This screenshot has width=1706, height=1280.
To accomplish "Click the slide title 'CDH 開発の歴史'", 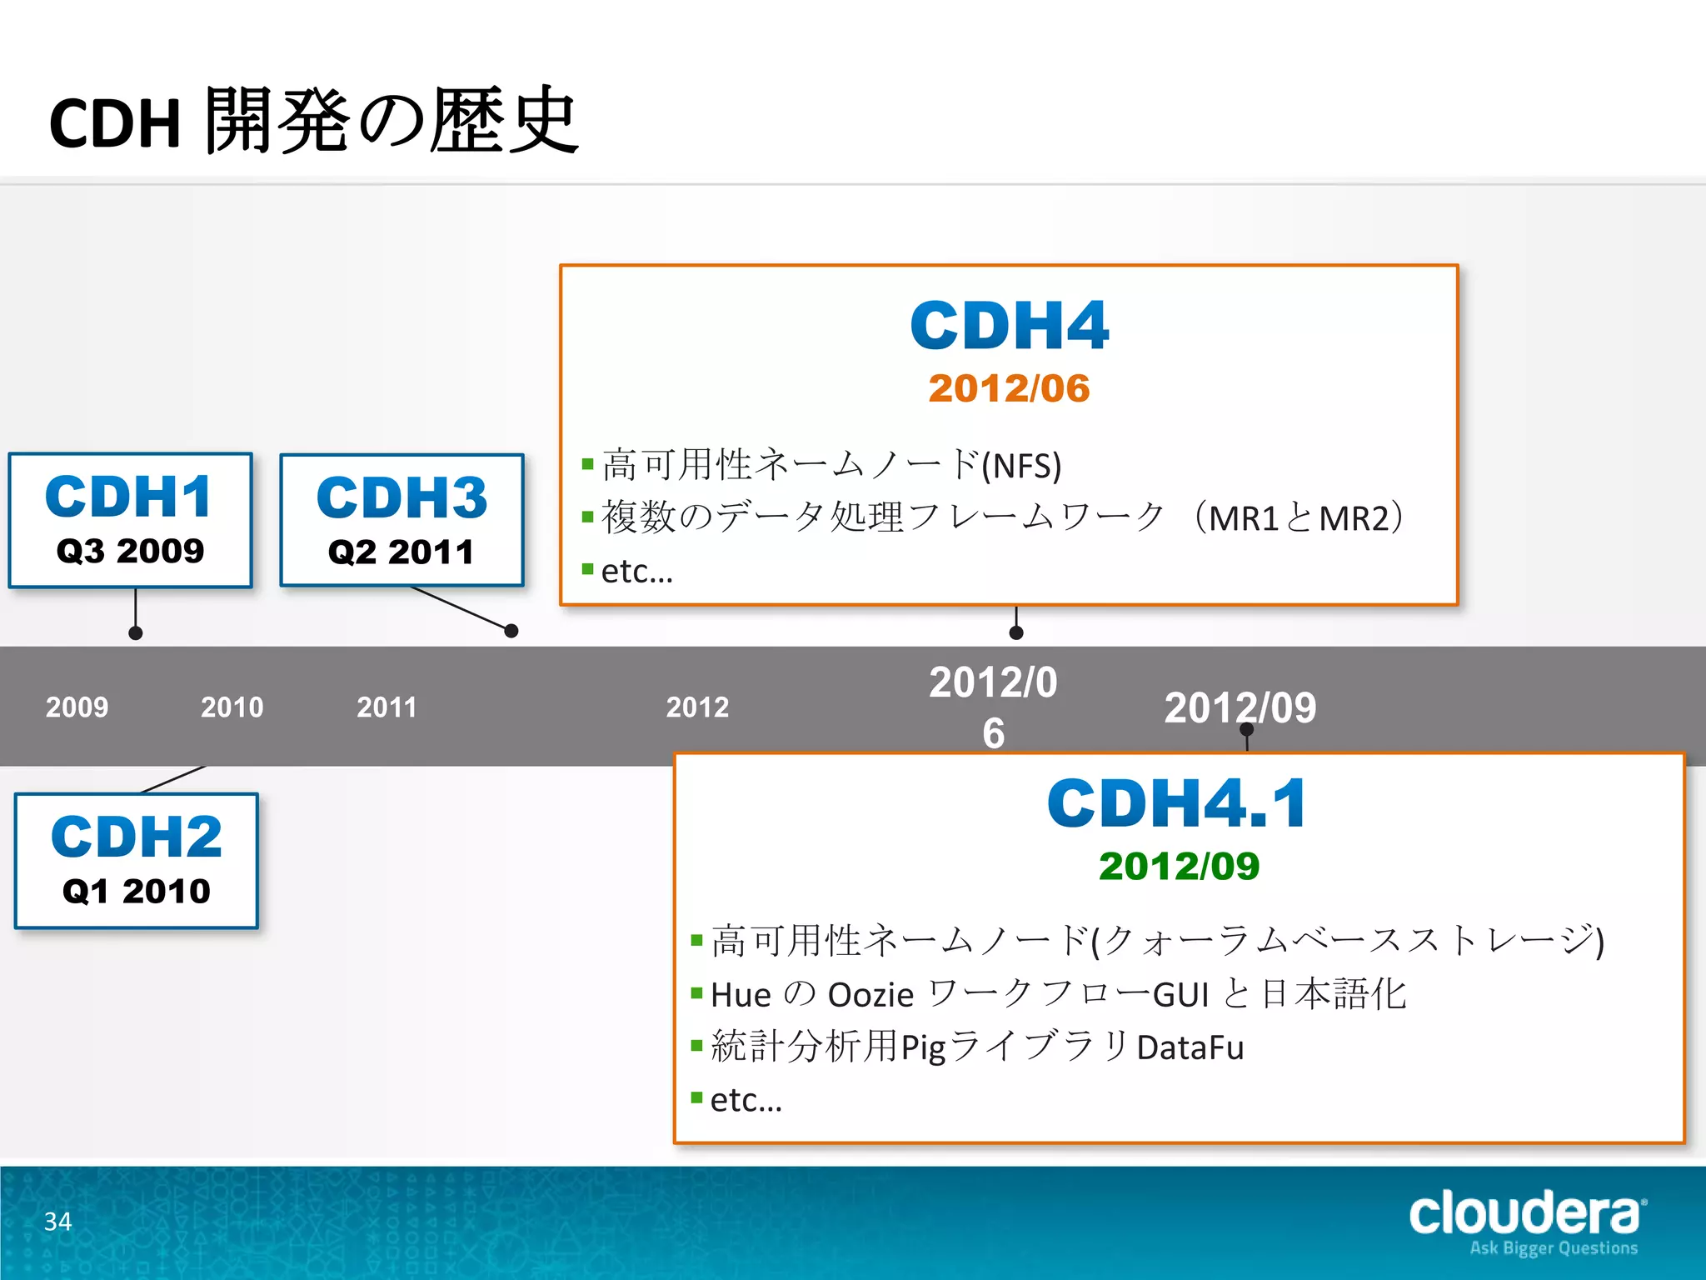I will (314, 122).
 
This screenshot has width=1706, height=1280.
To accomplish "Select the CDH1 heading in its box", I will (129, 497).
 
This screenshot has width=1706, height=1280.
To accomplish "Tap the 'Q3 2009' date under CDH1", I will (130, 551).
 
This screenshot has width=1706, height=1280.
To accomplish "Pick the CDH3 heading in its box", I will (402, 498).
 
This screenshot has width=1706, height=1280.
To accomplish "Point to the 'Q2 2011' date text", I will (402, 552).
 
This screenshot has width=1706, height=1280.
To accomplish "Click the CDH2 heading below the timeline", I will (137, 837).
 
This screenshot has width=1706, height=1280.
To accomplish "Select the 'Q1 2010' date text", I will (137, 891).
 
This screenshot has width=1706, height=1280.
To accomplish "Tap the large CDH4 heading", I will (1009, 326).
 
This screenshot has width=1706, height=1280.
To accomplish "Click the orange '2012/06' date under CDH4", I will (1009, 388).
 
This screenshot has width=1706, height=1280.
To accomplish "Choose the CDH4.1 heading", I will (1177, 803).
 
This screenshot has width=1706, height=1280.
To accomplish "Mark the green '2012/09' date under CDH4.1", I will (1179, 866).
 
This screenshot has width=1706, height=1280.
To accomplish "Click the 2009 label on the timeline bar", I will (77, 707).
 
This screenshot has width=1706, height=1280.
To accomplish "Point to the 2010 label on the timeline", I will (232, 707).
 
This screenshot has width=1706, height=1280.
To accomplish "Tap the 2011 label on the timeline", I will (387, 707).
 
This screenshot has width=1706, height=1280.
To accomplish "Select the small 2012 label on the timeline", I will (697, 707).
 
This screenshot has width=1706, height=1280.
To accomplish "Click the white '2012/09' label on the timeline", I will (1240, 707).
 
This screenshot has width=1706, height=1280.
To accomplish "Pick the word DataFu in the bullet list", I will (1190, 1047).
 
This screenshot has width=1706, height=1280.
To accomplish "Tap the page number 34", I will (57, 1222).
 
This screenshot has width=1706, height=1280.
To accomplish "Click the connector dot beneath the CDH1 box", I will (136, 633).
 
